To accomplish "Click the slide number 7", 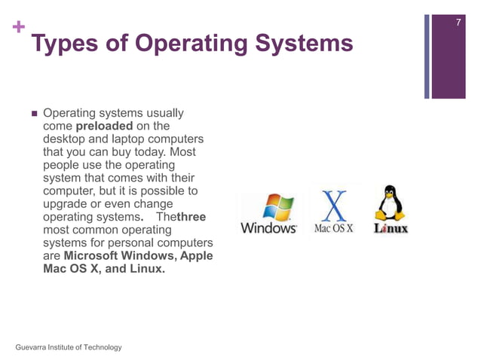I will click(457, 26).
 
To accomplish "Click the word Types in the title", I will click(66, 44).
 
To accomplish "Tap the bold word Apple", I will click(195, 255).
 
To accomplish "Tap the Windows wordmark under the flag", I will click(268, 227).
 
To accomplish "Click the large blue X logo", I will click(334, 203).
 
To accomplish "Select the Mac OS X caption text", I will click(333, 227).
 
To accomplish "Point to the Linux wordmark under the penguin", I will click(391, 227).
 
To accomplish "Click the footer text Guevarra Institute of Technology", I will click(68, 346).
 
